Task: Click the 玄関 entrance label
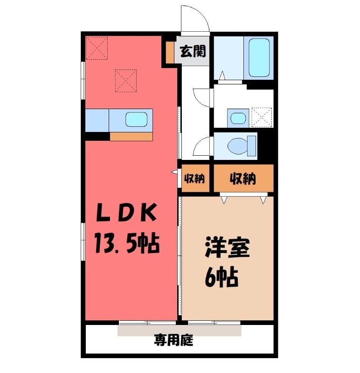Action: pyautogui.click(x=193, y=51)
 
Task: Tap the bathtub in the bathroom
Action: pyautogui.click(x=260, y=58)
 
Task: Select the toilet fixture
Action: pyautogui.click(x=242, y=145)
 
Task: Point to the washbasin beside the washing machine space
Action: pyautogui.click(x=238, y=117)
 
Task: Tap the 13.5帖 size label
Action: pyautogui.click(x=126, y=243)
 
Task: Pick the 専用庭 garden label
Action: pyautogui.click(x=173, y=341)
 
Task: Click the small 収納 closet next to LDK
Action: pyautogui.click(x=194, y=178)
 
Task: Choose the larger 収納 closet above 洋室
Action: pyautogui.click(x=243, y=178)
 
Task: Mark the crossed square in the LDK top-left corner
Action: pyautogui.click(x=97, y=48)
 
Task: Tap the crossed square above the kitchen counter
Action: pyautogui.click(x=125, y=80)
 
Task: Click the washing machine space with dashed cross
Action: pyautogui.click(x=261, y=117)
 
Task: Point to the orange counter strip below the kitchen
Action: pyautogui.click(x=131, y=137)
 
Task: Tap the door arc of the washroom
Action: pyautogui.click(x=202, y=97)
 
